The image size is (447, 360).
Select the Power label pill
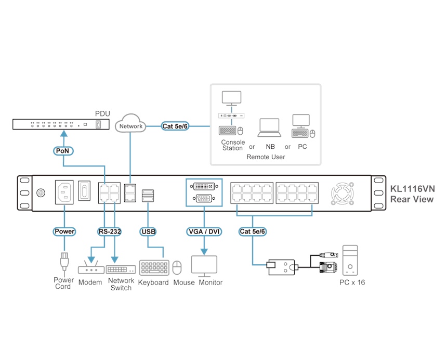coord(64,231)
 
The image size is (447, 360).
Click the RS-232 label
coord(109,231)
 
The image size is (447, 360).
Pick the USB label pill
coord(148,231)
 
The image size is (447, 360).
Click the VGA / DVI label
coord(204,231)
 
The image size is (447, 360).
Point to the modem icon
coord(90,269)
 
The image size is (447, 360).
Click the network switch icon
coord(121,269)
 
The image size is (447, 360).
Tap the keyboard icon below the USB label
coord(153,267)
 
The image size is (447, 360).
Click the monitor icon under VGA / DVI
coord(205,266)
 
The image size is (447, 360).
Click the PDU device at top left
coord(61,124)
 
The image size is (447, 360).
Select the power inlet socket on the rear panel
coord(64,192)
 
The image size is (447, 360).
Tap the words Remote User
coord(265,157)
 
